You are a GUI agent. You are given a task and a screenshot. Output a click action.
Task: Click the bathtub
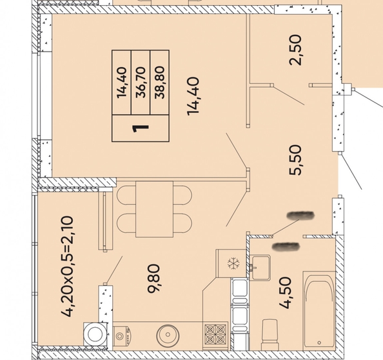click(319, 310)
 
